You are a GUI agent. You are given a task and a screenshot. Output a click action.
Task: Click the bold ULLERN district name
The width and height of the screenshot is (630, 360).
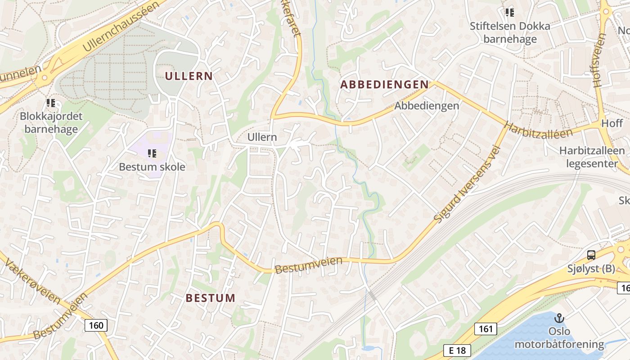click(x=189, y=76)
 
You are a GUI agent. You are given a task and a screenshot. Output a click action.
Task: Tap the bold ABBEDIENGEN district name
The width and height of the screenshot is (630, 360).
click(x=384, y=85)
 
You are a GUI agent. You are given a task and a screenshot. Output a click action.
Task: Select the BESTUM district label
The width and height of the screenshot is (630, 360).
click(x=211, y=298)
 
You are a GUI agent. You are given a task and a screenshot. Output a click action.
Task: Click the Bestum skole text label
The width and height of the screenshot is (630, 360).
click(x=152, y=167)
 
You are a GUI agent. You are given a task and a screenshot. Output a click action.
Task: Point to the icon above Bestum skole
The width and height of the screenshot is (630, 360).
click(x=152, y=154)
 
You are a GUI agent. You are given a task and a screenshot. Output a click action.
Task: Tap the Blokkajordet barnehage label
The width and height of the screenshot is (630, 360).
click(x=51, y=123)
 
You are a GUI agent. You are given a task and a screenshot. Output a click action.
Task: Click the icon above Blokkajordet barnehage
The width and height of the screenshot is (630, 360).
click(x=51, y=103)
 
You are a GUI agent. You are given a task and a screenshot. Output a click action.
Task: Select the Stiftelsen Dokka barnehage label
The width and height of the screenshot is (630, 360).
click(x=510, y=32)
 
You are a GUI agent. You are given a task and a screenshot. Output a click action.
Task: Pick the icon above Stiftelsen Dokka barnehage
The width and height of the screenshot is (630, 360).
click(x=509, y=13)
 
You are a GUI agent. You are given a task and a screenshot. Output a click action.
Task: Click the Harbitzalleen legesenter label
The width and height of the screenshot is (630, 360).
click(x=592, y=157)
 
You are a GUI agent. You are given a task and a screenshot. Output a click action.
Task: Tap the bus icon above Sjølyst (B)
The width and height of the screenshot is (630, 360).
click(x=591, y=256)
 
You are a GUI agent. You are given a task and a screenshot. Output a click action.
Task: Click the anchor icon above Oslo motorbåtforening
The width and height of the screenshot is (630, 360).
click(x=559, y=318)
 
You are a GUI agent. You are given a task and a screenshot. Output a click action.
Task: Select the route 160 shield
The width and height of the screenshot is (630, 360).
click(x=96, y=325)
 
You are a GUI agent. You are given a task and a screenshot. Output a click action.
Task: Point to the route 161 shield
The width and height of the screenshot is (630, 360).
click(x=486, y=328)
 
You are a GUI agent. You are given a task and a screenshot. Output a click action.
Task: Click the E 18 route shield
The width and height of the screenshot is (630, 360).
click(x=457, y=351)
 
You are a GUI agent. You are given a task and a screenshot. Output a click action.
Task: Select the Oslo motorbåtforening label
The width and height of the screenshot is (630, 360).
click(x=559, y=338)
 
